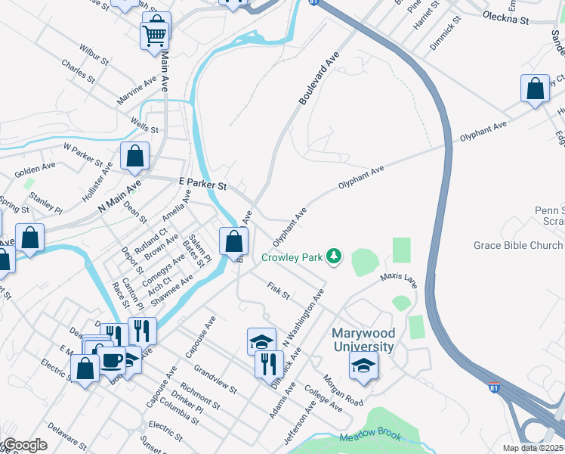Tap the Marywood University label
click(x=363, y=340)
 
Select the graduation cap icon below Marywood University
click(x=363, y=366)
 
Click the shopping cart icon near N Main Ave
click(x=155, y=33)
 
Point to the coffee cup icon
click(x=111, y=360)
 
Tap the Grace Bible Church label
click(x=517, y=245)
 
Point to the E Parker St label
click(x=202, y=184)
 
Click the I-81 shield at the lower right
click(x=493, y=387)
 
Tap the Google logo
click(x=24, y=445)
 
